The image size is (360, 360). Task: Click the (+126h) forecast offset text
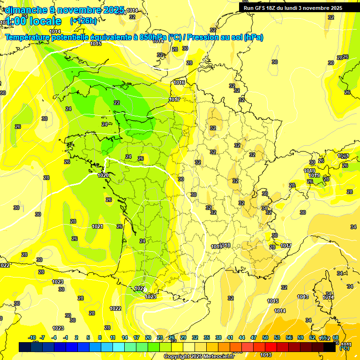(83, 21)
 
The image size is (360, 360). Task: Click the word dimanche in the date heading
(26, 9)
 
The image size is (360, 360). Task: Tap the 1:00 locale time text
(32, 21)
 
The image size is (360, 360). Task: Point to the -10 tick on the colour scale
(32, 337)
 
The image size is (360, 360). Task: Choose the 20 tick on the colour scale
(148, 337)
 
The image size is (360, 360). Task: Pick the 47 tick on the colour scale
(254, 337)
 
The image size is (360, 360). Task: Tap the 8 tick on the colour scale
(100, 337)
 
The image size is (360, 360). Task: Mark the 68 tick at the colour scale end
(336, 337)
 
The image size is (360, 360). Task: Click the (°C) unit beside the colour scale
(344, 348)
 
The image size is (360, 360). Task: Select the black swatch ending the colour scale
(330, 347)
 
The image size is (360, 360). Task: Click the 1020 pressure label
(103, 175)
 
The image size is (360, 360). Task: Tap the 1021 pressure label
(97, 226)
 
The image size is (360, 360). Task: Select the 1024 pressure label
(139, 289)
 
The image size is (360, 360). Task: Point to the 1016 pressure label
(179, 82)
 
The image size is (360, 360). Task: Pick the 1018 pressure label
(225, 245)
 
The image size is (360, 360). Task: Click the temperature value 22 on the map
(117, 103)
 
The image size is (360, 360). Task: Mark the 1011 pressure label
(346, 345)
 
